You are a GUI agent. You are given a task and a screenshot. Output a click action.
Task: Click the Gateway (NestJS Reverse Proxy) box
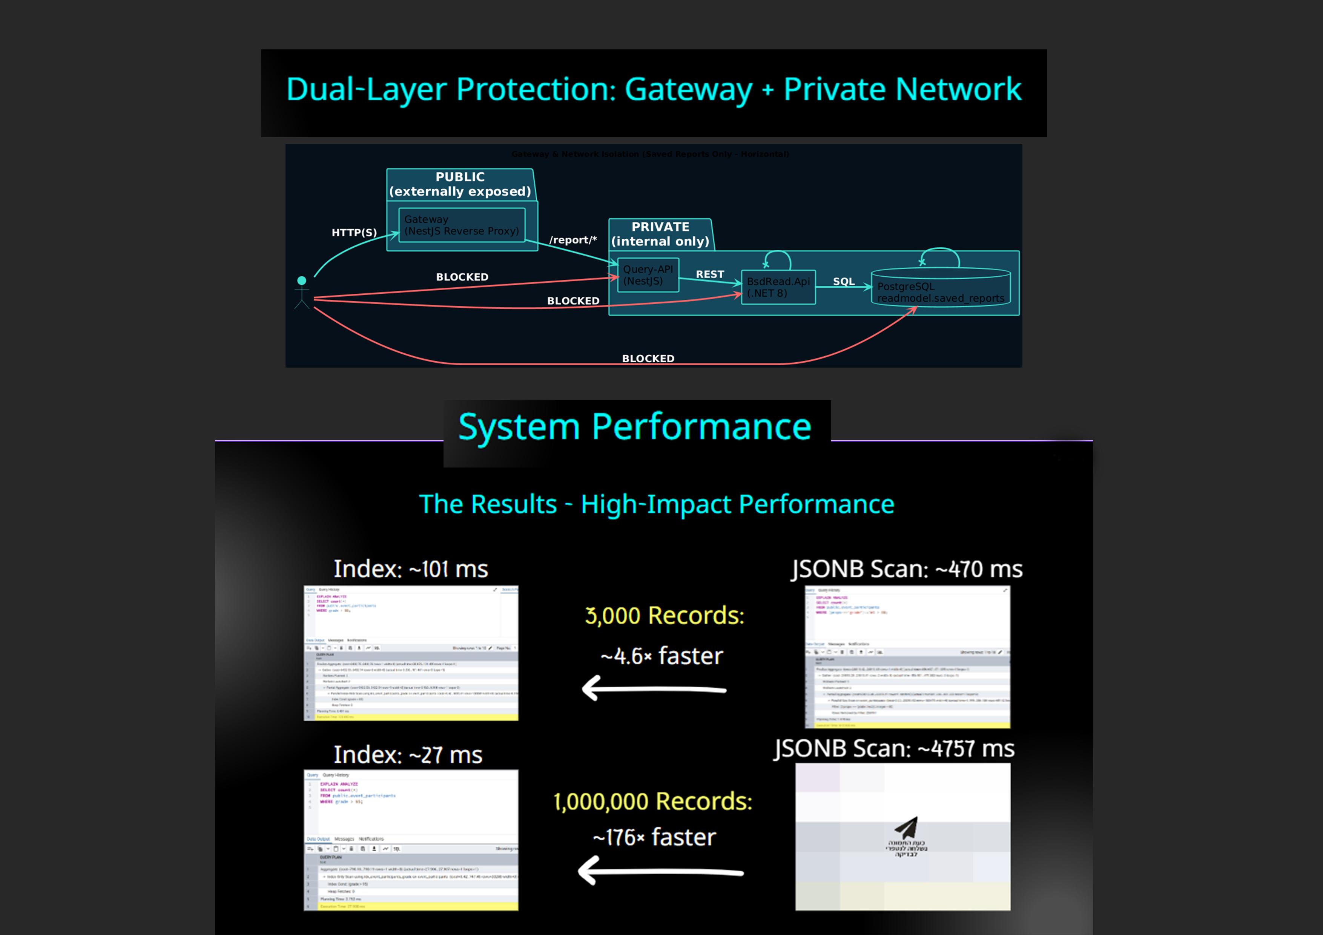coord(462,225)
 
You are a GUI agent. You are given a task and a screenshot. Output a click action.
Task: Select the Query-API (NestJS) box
coord(648,275)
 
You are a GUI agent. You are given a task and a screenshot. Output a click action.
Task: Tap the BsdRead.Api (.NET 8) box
coord(778,287)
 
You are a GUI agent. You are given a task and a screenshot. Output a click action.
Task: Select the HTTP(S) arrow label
coord(354,233)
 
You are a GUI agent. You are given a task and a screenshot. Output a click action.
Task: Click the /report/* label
coord(573,240)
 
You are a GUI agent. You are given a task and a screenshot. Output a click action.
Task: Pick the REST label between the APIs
coord(710,274)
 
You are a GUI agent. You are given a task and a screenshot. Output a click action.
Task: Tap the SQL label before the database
coord(844,282)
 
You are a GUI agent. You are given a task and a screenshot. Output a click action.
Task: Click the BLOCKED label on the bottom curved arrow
coord(648,358)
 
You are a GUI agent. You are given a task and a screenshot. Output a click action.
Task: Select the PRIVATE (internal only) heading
coord(660,234)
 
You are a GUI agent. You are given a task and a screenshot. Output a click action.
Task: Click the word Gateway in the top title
coord(688,90)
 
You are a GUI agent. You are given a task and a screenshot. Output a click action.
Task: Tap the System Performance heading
coord(634,427)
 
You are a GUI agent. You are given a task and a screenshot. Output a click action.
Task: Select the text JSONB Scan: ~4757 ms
coord(894,748)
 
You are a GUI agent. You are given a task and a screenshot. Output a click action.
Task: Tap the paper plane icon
coord(906,828)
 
